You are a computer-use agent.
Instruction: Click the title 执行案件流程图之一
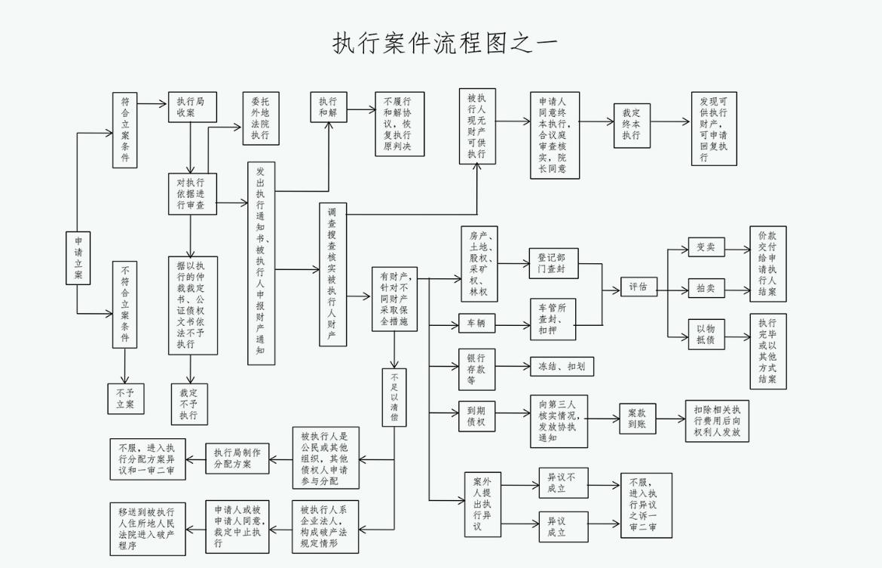point(445,42)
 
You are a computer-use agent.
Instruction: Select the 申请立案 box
point(78,258)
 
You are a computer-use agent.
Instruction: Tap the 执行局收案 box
point(191,106)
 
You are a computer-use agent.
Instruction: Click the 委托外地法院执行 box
point(260,118)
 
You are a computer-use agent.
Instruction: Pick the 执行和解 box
point(328,106)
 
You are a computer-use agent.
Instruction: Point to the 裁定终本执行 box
point(632,124)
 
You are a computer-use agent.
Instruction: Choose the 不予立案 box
point(125,398)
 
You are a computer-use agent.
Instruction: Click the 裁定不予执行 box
point(189,404)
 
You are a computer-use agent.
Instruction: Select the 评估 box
point(639,287)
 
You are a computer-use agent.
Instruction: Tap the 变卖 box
point(706,247)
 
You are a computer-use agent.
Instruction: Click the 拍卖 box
point(706,288)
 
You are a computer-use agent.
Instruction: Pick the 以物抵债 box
point(706,333)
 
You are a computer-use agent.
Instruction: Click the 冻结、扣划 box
point(561,367)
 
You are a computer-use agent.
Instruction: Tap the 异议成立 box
point(562,526)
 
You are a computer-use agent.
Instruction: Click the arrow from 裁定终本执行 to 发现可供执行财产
point(671,121)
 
